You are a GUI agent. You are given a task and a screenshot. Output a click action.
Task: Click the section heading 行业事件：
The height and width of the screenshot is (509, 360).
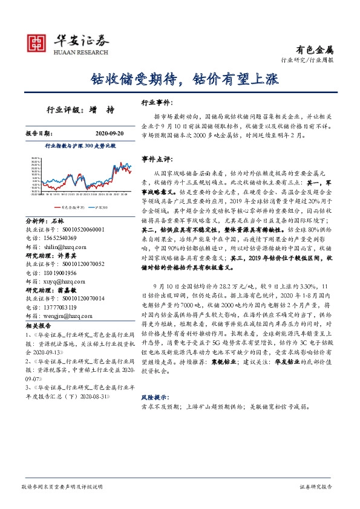[x=154, y=103]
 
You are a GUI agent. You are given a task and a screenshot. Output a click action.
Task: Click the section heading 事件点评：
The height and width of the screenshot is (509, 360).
[x=154, y=159]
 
